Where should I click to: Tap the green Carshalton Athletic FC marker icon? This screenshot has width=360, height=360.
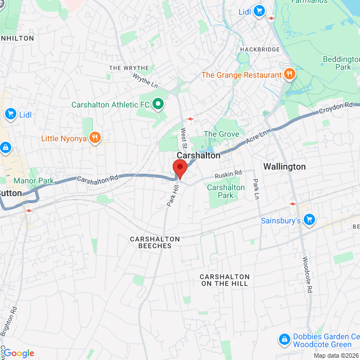(x=159, y=103)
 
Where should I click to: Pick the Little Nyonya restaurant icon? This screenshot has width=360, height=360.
(x=95, y=137)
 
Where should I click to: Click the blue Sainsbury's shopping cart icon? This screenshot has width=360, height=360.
(x=309, y=220)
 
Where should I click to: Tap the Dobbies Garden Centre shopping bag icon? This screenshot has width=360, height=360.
(x=285, y=340)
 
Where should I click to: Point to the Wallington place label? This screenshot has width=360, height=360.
(x=285, y=166)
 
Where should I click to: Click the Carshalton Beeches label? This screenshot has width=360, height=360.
(x=155, y=242)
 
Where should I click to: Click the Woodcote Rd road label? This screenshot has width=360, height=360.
(x=307, y=276)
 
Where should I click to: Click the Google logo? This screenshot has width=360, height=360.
(x=19, y=353)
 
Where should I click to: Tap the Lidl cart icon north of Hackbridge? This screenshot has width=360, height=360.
(x=259, y=11)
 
